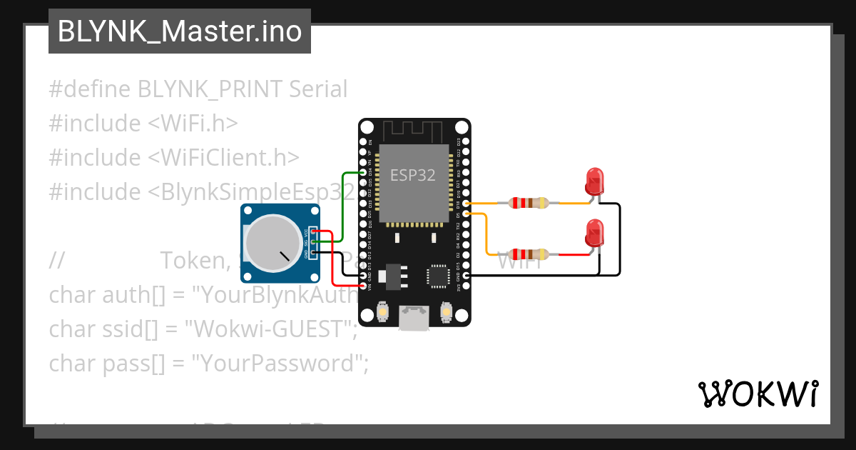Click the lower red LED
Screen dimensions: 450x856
[593, 234]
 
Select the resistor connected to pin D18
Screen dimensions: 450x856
[528, 203]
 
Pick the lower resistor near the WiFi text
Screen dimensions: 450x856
[528, 254]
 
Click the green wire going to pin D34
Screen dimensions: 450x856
[343, 207]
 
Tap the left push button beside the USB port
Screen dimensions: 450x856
[382, 312]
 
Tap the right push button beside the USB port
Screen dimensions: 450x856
[447, 312]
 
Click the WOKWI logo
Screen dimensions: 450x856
[758, 394]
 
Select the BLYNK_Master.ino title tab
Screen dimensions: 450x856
[179, 31]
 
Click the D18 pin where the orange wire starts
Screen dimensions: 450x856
[466, 204]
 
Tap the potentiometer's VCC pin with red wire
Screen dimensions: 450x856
[314, 232]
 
